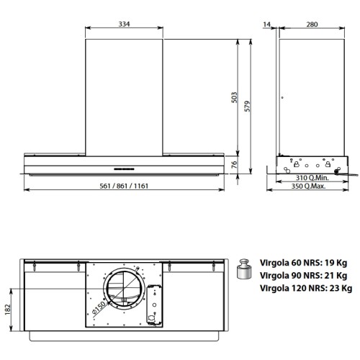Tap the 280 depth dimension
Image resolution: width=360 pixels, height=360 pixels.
pyautogui.click(x=312, y=25)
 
